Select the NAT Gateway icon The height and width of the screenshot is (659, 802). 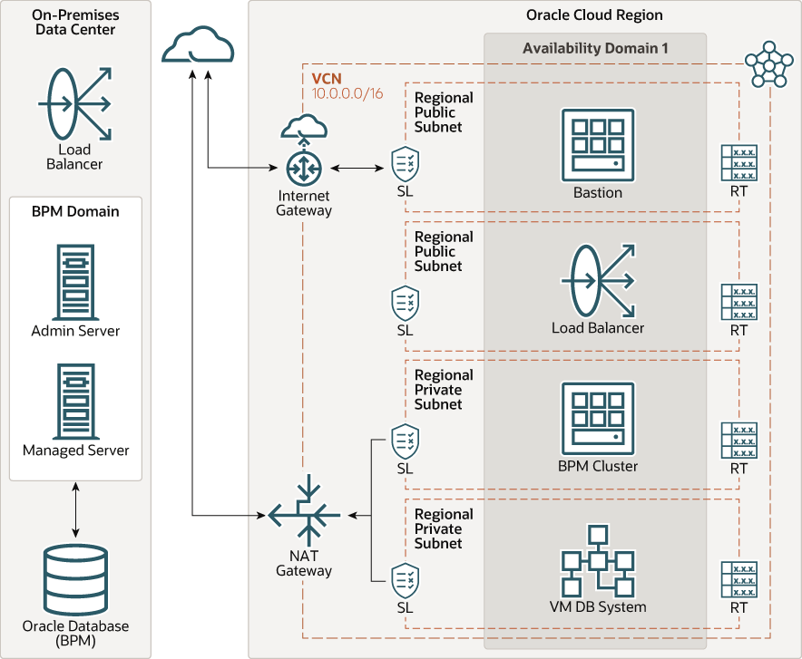pyautogui.click(x=304, y=514)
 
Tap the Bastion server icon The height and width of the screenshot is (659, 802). pyautogui.click(x=597, y=143)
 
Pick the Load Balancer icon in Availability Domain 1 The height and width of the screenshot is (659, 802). pyautogui.click(x=597, y=280)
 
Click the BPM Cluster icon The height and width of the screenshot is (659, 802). pyautogui.click(x=597, y=418)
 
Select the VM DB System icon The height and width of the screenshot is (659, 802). pyautogui.click(x=597, y=560)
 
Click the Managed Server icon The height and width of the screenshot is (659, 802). pyautogui.click(x=75, y=402)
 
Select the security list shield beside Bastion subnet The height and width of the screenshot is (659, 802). pyautogui.click(x=405, y=163)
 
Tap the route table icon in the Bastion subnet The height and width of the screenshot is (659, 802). pyautogui.click(x=738, y=163)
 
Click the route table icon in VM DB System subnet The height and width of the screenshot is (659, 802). pyautogui.click(x=738, y=578)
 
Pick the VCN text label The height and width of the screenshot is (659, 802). pyautogui.click(x=327, y=79)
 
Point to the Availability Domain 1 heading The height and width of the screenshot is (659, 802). pyautogui.click(x=595, y=48)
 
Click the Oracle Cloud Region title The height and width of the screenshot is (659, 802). pyautogui.click(x=594, y=15)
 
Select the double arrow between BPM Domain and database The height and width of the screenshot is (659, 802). pyautogui.click(x=75, y=509)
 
